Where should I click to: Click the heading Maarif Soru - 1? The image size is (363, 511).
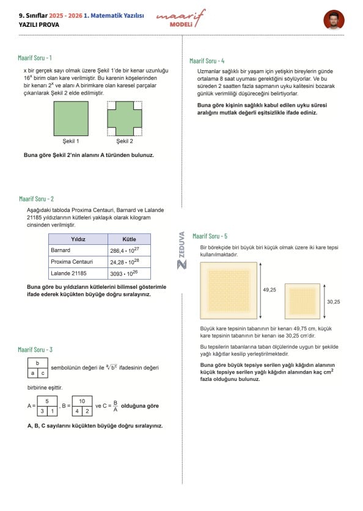(35, 58)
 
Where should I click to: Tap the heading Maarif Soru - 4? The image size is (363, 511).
(207, 61)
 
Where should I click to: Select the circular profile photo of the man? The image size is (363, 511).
(334, 20)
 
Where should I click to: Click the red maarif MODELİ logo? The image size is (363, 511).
(181, 18)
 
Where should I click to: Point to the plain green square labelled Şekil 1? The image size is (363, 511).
(71, 118)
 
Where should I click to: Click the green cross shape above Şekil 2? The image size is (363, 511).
(125, 118)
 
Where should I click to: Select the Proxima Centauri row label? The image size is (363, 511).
(71, 262)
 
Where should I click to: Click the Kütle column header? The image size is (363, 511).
(129, 239)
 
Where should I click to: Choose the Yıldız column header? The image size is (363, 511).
(78, 239)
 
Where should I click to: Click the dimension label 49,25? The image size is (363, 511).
(269, 290)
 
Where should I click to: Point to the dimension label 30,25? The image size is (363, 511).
(333, 302)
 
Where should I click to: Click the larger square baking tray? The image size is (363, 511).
(229, 291)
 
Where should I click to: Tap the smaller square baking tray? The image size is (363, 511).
(302, 301)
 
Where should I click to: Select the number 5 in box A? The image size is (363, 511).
(47, 401)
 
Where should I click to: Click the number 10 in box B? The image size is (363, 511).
(82, 401)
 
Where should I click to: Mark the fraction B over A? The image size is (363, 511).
(115, 406)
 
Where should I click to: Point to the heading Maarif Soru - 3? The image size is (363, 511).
(35, 350)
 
